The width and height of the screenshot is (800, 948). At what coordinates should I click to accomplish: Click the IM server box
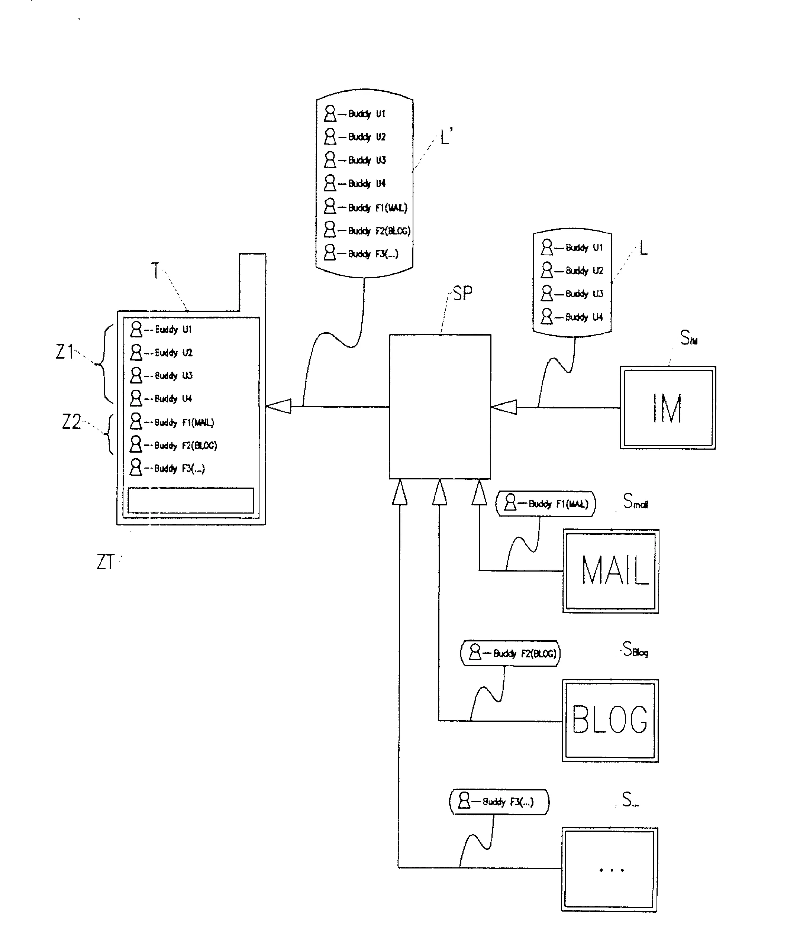click(x=668, y=408)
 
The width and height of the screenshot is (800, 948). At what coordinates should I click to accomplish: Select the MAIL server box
click(x=610, y=571)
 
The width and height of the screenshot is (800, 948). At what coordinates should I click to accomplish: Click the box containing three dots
click(x=609, y=869)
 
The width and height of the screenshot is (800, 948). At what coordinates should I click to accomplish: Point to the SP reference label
click(x=462, y=293)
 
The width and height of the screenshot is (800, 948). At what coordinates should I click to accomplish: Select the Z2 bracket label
click(x=71, y=422)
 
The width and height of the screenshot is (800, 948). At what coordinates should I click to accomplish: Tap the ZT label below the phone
click(x=105, y=562)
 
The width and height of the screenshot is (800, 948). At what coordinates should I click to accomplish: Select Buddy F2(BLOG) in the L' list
click(x=379, y=231)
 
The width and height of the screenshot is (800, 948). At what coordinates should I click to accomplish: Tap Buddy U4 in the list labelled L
click(x=584, y=317)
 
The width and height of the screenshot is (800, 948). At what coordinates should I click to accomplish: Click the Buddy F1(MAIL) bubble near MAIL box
click(x=546, y=504)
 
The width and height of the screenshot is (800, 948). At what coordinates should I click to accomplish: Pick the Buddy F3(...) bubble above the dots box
click(x=499, y=802)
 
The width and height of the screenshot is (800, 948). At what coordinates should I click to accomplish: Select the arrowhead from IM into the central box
click(x=503, y=407)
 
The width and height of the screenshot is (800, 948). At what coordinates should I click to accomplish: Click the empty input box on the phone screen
click(x=190, y=500)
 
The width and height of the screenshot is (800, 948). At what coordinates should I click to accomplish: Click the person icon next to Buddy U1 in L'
click(x=330, y=113)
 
